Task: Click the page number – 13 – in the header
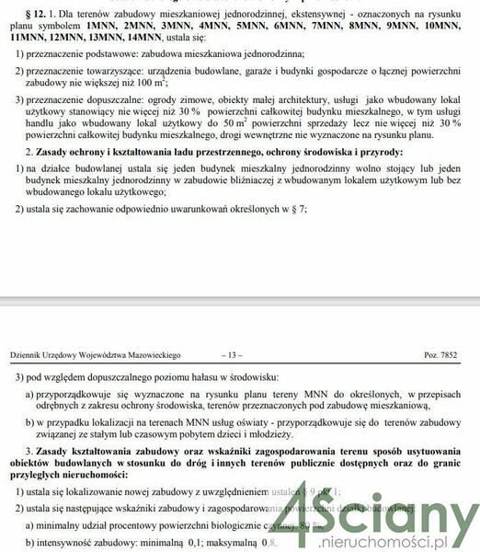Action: click(232, 354)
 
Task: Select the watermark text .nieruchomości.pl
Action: click(406, 541)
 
